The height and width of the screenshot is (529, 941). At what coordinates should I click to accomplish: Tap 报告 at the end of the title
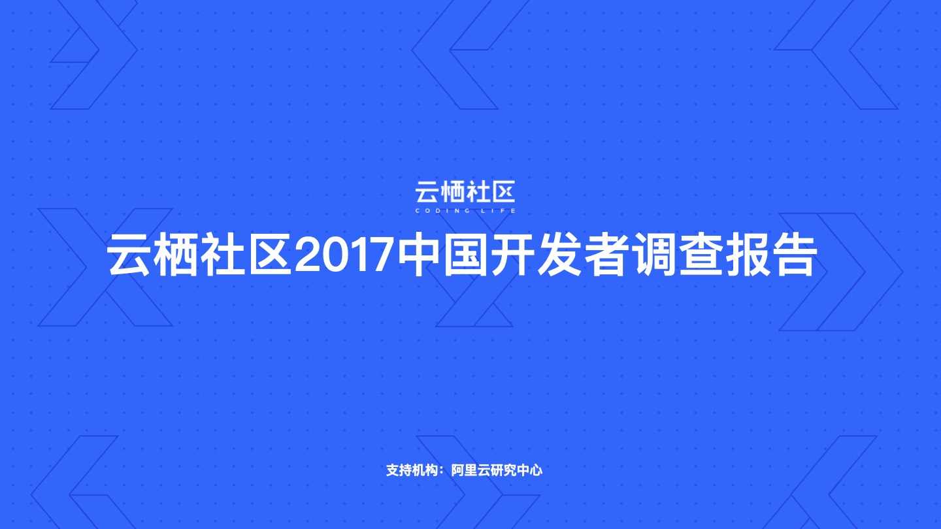tap(771, 255)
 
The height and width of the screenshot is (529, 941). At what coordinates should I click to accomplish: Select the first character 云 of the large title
tap(129, 255)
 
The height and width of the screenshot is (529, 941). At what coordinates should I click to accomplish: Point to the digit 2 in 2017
tap(306, 255)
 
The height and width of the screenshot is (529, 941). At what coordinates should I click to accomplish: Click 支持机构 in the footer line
tap(412, 470)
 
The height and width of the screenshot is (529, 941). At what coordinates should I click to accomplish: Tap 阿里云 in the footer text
tap(470, 470)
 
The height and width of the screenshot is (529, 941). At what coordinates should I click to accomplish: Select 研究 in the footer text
tap(503, 470)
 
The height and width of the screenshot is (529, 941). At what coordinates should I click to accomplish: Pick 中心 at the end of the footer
tap(529, 470)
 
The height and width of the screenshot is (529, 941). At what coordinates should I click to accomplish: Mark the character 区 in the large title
tap(269, 255)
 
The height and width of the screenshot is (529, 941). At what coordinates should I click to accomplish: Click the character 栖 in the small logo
tap(452, 193)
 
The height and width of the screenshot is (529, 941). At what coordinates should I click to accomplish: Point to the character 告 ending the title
tap(795, 255)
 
